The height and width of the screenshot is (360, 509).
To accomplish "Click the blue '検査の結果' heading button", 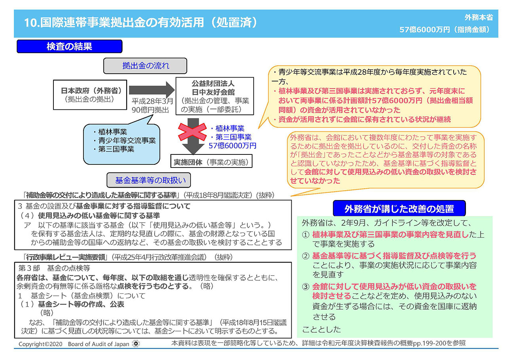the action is (70, 46).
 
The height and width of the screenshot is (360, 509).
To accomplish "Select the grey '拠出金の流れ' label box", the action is (145, 66).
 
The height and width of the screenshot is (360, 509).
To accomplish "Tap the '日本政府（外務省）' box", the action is (90, 95).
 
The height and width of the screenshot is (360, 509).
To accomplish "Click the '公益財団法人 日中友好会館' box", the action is (215, 96).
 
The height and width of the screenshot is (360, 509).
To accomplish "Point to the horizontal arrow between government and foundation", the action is (152, 90).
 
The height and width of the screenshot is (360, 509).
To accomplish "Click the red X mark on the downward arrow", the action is (192, 132).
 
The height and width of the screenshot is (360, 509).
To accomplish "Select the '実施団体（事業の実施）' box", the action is (211, 161).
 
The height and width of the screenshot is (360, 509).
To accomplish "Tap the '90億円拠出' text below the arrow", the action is (150, 110).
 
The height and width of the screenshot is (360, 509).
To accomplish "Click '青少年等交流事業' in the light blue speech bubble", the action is (127, 141).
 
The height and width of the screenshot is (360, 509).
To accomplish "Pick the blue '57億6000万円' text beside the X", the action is (232, 146).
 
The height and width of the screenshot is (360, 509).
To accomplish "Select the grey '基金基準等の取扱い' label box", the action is (148, 180).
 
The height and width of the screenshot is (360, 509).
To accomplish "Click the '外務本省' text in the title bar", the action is (479, 17).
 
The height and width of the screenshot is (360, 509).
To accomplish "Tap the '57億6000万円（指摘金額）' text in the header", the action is (445, 30).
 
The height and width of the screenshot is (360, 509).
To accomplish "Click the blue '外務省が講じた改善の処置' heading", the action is (399, 208).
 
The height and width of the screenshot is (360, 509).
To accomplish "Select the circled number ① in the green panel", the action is (306, 235).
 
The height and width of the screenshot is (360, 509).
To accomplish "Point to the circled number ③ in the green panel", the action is (306, 287).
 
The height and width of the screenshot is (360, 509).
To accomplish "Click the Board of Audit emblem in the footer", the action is (136, 344).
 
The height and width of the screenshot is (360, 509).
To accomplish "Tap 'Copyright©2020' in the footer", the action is (40, 344).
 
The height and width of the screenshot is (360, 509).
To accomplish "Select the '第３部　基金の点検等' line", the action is (54, 268).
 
